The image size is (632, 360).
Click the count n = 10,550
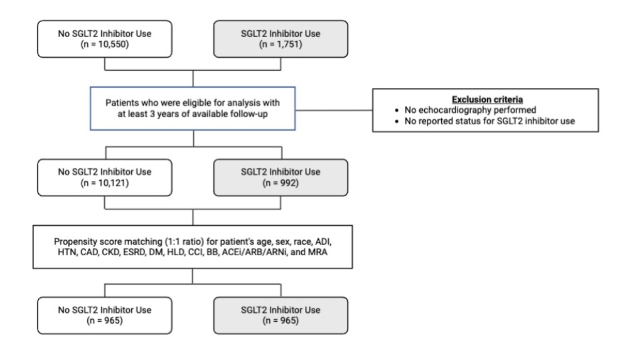pyautogui.click(x=105, y=45)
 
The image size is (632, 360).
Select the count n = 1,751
pyautogui.click(x=281, y=45)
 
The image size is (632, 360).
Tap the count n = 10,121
pyautogui.click(x=105, y=183)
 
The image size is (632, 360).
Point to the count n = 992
pyautogui.click(x=281, y=183)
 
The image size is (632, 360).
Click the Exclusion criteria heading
pyautogui.click(x=487, y=100)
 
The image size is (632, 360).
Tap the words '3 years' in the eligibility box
pyautogui.click(x=164, y=114)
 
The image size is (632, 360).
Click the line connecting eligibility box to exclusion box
pyautogui.click(x=334, y=110)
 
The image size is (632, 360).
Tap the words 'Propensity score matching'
pyautogui.click(x=108, y=241)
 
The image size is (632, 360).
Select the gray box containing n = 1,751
pyautogui.click(x=281, y=39)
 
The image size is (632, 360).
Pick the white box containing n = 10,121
pyautogui.click(x=105, y=177)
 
